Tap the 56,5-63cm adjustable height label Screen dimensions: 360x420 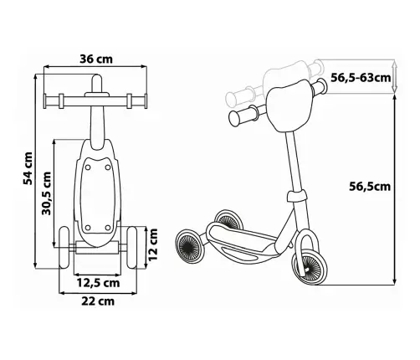click(361, 78)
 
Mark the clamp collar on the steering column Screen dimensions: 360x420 click(295, 196)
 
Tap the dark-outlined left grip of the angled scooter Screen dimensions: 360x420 click(243, 115)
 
